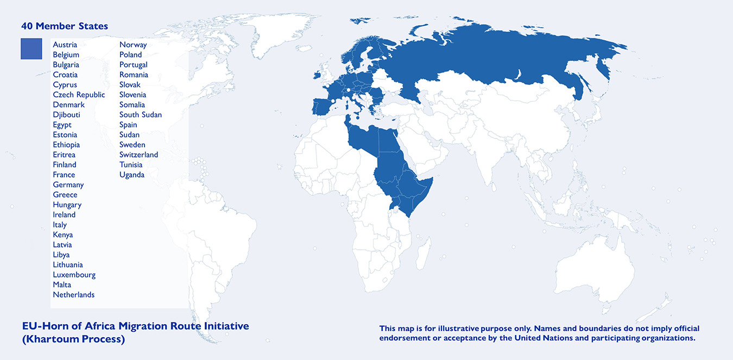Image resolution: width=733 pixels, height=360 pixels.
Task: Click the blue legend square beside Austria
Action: click(31, 48)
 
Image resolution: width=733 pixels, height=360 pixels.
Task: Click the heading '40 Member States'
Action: click(64, 26)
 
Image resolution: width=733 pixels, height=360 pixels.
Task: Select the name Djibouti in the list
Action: click(67, 115)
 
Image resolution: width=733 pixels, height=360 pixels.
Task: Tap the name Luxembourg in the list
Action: click(74, 275)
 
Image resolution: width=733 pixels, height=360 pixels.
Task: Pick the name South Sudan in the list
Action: click(140, 115)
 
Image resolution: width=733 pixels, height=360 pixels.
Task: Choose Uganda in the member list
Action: click(132, 175)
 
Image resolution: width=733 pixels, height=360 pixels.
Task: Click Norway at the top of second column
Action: click(133, 45)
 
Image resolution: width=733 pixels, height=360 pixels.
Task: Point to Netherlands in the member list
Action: click(73, 295)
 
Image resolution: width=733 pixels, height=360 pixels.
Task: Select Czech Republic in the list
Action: click(79, 94)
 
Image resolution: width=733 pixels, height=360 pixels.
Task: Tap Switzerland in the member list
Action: click(138, 155)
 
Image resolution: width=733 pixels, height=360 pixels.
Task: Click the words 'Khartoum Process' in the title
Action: click(73, 339)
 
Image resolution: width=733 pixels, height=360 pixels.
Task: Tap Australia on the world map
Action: click(595, 266)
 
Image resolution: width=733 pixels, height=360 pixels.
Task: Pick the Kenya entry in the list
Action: click(62, 235)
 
